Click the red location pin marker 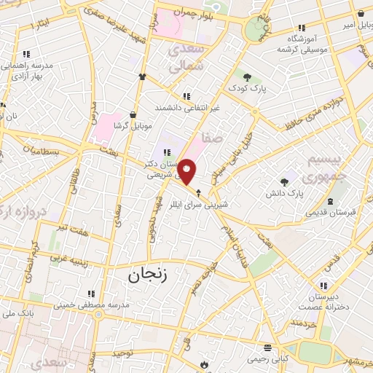coord(187,170)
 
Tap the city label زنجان coord(147,275)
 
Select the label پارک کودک coord(248,88)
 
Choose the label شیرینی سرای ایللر coord(200,205)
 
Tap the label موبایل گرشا coord(132,126)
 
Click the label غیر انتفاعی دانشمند coord(187,107)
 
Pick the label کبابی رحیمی coord(268,359)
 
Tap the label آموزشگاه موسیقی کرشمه coord(302,43)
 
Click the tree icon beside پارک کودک coord(248,76)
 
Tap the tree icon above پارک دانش coord(285,182)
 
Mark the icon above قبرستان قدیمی coord(332,201)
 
